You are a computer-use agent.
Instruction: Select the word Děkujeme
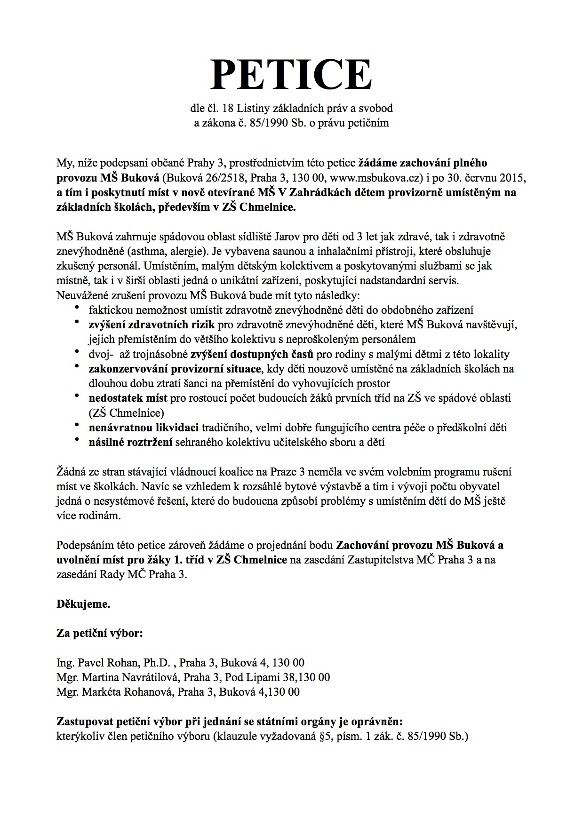pos(83,604)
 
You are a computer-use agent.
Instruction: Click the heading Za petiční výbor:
pos(99,633)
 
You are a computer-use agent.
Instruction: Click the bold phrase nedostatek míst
pos(128,398)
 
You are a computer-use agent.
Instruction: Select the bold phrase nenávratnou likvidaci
pos(144,428)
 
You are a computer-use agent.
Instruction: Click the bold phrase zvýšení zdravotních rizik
pos(152,325)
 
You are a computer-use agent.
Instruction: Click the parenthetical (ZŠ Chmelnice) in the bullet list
pos(126,413)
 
